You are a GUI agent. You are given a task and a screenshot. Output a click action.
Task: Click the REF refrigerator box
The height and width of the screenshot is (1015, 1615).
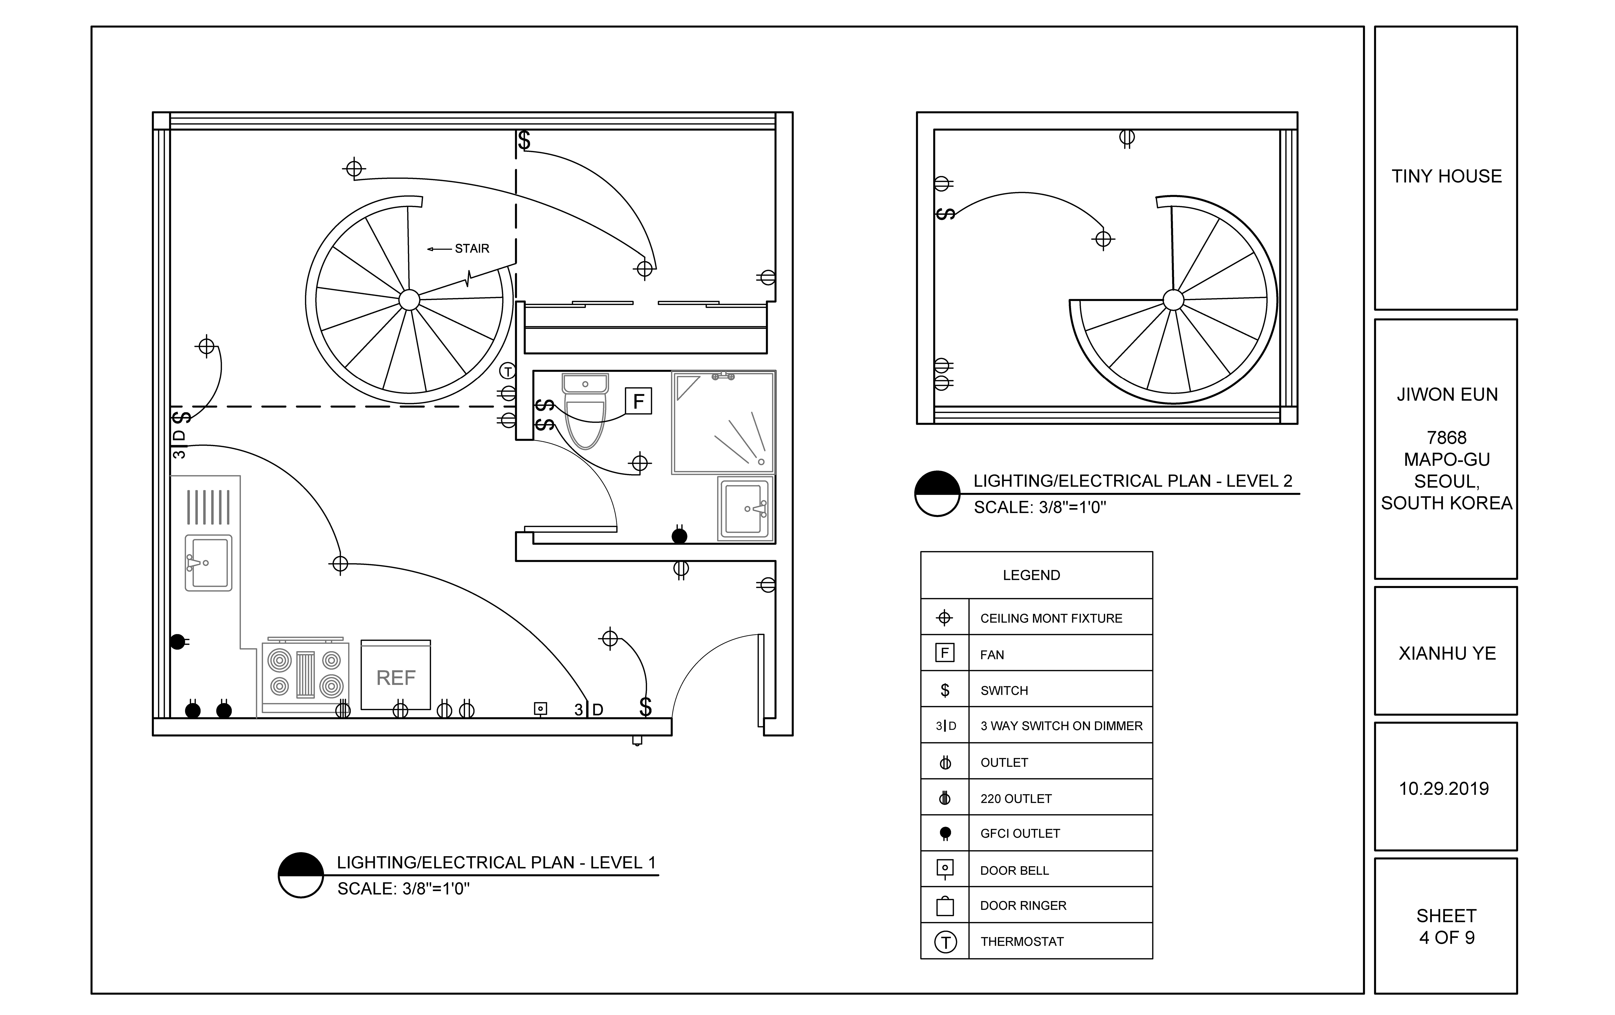coord(396,675)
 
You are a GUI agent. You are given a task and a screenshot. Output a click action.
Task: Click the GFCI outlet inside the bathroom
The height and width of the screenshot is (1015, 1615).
coord(679,536)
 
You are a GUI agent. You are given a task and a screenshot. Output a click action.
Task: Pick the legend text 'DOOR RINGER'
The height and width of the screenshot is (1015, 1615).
coord(1023,906)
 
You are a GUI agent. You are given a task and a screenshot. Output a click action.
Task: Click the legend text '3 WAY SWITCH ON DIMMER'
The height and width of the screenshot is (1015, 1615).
coord(1061,726)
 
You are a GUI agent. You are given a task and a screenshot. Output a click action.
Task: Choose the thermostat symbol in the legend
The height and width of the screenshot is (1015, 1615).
coord(945,942)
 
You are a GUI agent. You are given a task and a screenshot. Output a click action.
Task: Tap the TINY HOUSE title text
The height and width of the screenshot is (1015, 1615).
coord(1446,177)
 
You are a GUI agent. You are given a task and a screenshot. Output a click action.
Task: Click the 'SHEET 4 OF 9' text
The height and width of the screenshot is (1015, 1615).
coord(1446,926)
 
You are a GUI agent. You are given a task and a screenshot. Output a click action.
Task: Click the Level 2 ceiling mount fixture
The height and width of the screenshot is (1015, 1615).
coord(1103,239)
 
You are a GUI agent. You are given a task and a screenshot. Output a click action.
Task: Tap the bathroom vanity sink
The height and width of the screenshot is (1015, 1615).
coord(744,508)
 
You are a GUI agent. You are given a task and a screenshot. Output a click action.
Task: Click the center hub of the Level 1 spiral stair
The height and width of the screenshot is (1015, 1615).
coord(409,300)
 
